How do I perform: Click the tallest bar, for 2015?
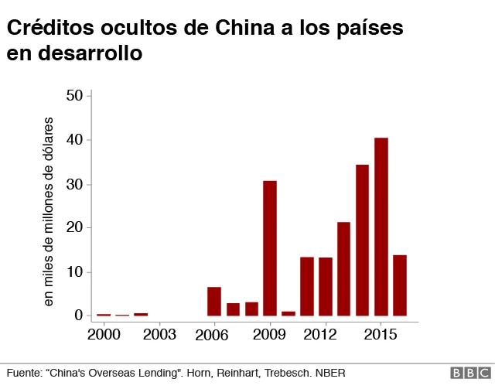tap(381, 227)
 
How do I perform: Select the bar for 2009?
tap(270, 248)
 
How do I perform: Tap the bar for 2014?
tap(362, 240)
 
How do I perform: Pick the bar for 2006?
tap(214, 302)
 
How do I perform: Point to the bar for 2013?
tap(343, 268)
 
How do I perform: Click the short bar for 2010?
tap(288, 313)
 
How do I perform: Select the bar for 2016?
tap(400, 285)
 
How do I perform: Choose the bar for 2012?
tap(326, 286)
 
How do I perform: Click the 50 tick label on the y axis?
tap(74, 96)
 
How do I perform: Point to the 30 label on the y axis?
tap(74, 184)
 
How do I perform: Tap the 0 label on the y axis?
tap(79, 316)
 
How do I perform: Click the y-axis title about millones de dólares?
tap(49, 211)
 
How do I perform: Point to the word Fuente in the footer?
tap(23, 372)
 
